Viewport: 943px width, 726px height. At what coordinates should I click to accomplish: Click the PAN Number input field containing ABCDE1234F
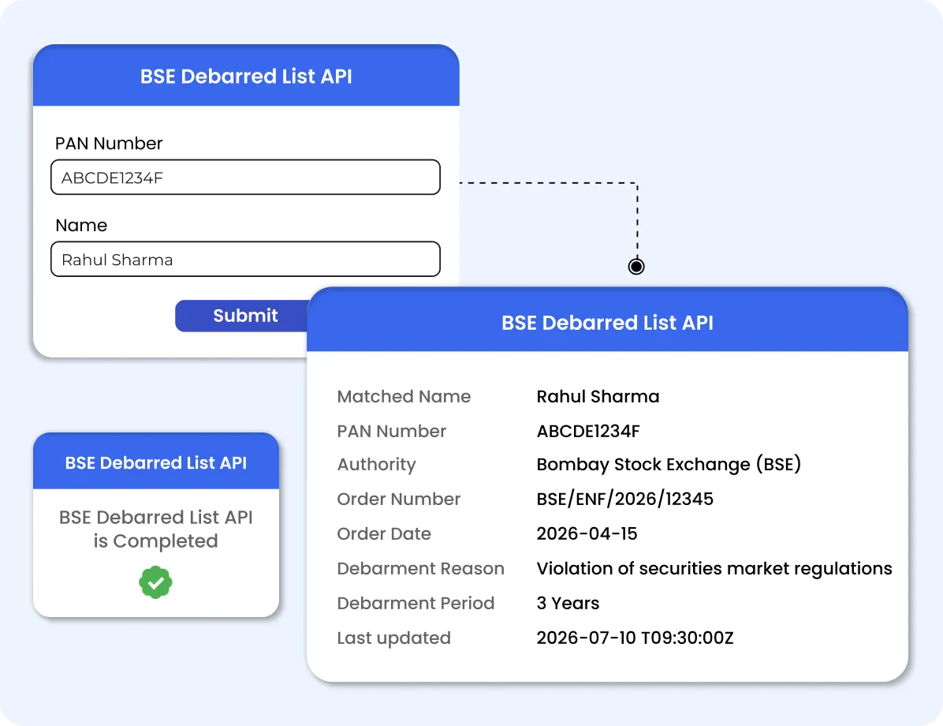[245, 177]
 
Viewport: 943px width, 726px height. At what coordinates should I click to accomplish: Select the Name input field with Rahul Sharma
[245, 259]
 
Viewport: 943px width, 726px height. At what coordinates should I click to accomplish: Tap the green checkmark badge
[156, 582]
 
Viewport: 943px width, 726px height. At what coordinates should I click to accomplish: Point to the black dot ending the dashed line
[636, 266]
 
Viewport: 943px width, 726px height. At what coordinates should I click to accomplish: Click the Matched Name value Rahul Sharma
[598, 396]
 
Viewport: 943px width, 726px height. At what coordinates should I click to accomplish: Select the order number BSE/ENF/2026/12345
[625, 499]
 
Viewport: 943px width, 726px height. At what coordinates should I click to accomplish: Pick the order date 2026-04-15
[587, 533]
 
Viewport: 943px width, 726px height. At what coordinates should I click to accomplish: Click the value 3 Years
[568, 603]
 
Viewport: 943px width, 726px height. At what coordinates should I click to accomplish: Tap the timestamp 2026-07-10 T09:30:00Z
[635, 638]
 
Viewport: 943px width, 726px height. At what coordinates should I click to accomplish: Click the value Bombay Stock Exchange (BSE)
[669, 464]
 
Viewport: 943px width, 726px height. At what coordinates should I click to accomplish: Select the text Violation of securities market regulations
[714, 568]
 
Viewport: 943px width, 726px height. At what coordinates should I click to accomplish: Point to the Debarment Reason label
[420, 568]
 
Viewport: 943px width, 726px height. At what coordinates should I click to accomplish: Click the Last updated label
[394, 638]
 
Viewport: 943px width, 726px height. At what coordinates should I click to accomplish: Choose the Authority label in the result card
[376, 465]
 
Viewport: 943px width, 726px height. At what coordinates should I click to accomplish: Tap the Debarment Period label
[416, 603]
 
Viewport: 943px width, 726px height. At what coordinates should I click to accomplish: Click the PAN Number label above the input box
[109, 144]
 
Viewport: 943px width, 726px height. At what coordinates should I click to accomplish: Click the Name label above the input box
[81, 225]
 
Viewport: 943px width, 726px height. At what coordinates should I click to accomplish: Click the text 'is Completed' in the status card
[156, 541]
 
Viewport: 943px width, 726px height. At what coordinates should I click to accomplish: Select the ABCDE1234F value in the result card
[588, 431]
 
